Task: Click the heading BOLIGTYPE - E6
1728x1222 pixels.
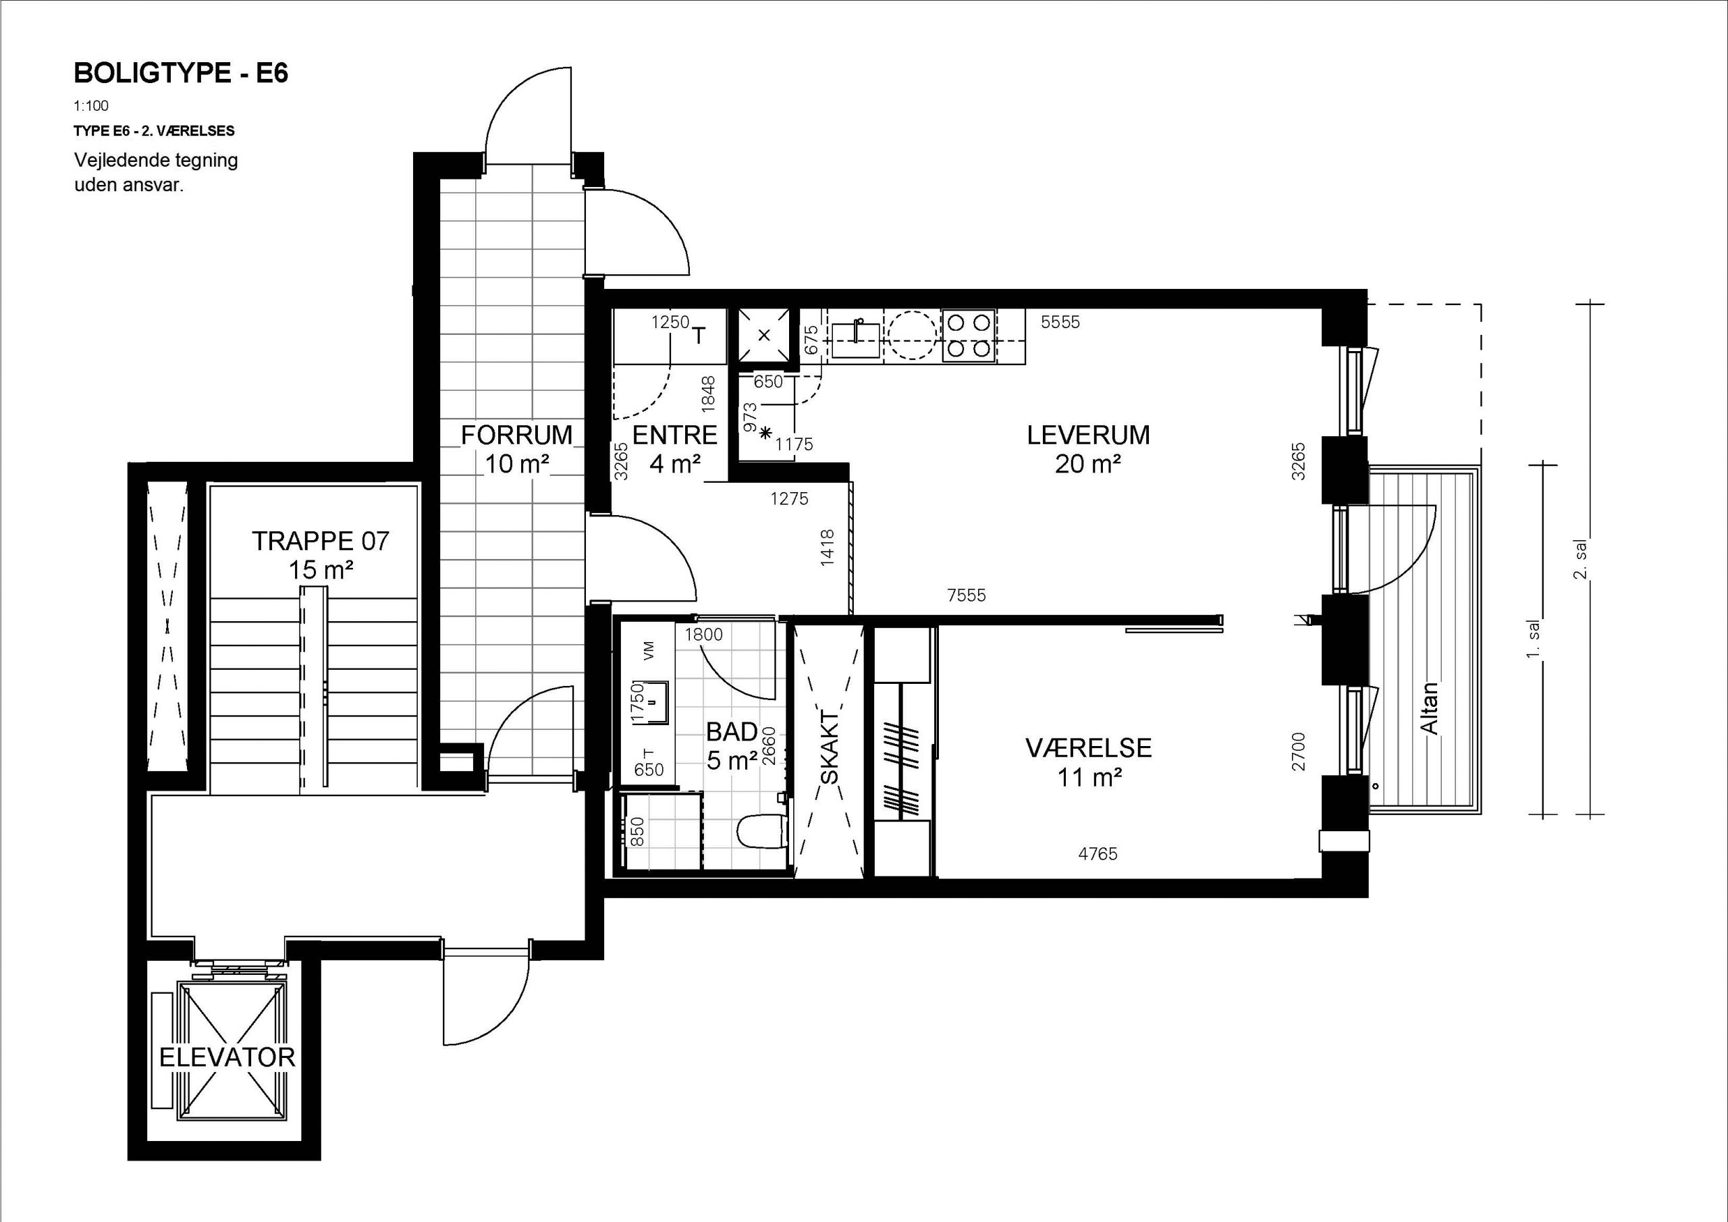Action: (x=181, y=73)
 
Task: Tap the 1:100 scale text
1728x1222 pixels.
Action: (x=91, y=106)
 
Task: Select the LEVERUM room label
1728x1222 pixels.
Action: (x=1088, y=435)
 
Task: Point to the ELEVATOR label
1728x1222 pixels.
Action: (x=227, y=1057)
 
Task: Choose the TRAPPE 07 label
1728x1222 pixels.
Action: (x=321, y=541)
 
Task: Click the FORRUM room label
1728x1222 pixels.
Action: (x=517, y=435)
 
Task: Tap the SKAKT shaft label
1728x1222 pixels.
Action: (x=829, y=747)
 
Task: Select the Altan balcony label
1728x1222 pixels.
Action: (x=1428, y=708)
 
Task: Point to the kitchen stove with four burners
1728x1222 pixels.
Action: (x=969, y=336)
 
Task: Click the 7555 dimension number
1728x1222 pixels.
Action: (x=967, y=595)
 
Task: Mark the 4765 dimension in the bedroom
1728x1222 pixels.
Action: (x=1098, y=854)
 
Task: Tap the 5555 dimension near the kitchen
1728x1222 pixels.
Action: (x=1060, y=322)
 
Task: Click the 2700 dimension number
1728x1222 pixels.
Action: (x=1298, y=751)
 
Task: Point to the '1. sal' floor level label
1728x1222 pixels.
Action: (x=1534, y=639)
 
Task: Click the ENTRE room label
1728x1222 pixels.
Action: (x=675, y=435)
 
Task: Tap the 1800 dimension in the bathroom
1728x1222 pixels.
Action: (x=704, y=635)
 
